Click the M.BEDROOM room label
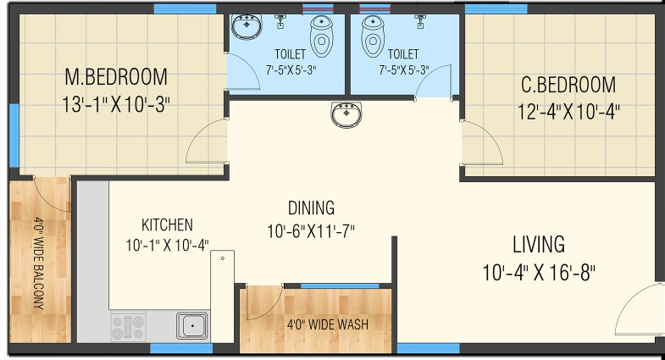(x=116, y=77)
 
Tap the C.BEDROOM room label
(x=568, y=85)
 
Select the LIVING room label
(x=539, y=244)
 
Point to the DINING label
(x=311, y=208)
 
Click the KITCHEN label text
(x=167, y=224)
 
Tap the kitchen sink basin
(x=192, y=325)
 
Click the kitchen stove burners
(x=128, y=327)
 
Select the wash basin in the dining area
(x=346, y=114)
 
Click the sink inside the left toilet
(x=247, y=26)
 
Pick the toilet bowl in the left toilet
(x=321, y=36)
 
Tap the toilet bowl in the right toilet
(x=373, y=36)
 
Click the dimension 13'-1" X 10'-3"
(x=116, y=104)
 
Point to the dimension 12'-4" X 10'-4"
(x=568, y=112)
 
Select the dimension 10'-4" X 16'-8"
(x=539, y=272)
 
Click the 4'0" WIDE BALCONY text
(x=39, y=263)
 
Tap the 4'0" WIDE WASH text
(x=328, y=324)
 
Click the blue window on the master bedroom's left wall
(x=14, y=136)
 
